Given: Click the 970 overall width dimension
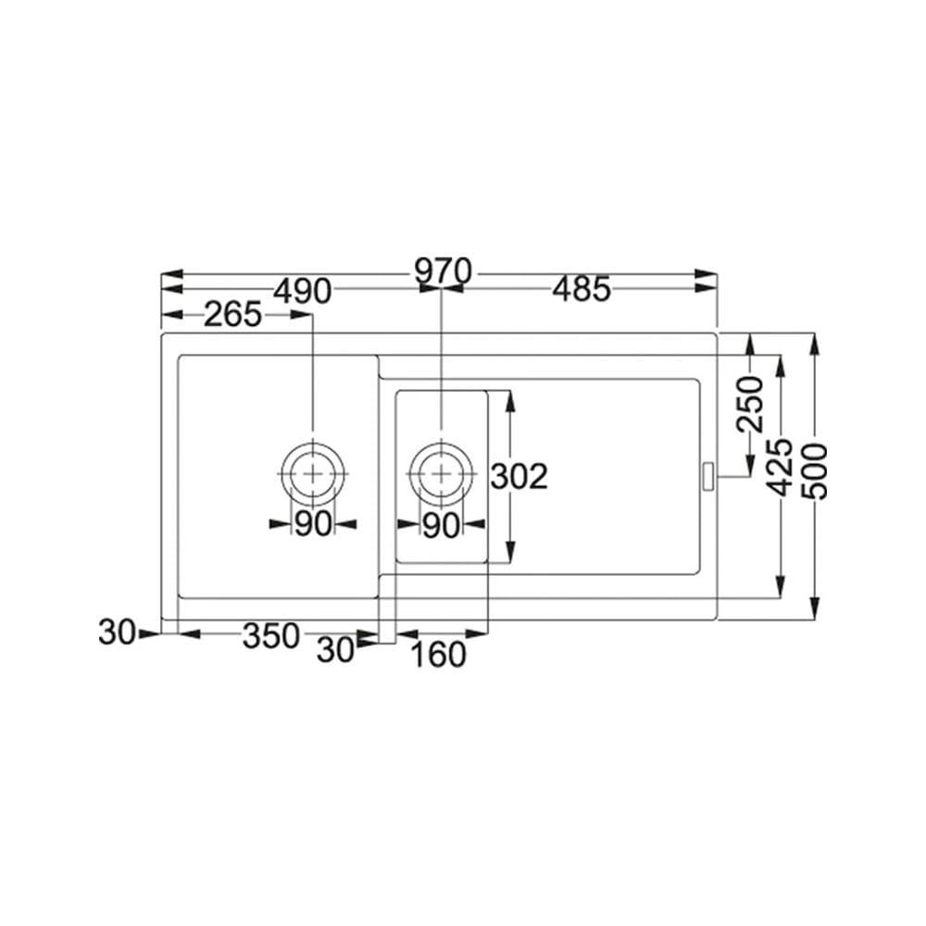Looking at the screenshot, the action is (x=443, y=271).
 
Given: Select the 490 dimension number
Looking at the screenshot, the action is (x=303, y=291).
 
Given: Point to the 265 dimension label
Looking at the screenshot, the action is (x=232, y=314).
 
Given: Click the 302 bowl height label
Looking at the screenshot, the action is (x=519, y=476).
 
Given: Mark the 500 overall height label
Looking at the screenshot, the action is (x=817, y=472).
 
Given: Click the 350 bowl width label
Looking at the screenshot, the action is (x=271, y=636).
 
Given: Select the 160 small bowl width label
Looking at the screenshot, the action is (x=438, y=655).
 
